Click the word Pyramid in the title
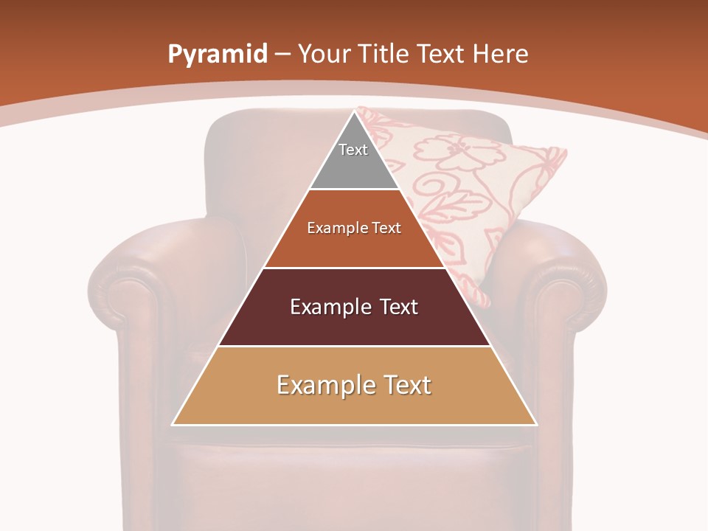pos(217,55)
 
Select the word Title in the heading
pos(383,54)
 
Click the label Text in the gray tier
pos(353,150)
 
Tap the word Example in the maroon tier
pos(329,307)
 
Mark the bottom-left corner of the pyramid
pos(173,424)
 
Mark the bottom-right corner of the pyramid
pos(536,424)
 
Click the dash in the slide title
pos(282,55)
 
